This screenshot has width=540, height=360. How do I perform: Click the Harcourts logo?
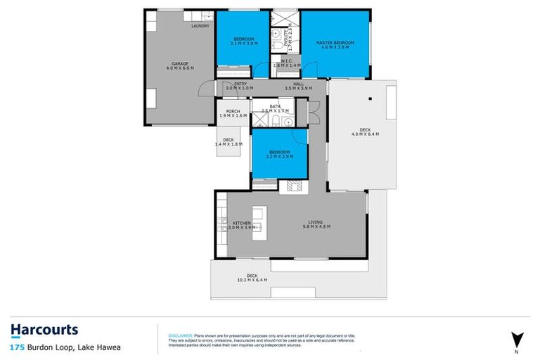(44, 330)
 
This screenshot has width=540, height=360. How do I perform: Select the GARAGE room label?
(179, 63)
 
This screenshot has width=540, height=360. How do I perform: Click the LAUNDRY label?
(200, 26)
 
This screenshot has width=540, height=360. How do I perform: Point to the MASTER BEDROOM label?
(335, 43)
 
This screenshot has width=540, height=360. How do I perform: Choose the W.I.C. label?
(286, 60)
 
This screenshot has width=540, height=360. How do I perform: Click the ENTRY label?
(240, 84)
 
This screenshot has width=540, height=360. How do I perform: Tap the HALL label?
(298, 84)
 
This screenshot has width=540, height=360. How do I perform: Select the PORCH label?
(233, 111)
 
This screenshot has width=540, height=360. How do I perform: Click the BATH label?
(274, 106)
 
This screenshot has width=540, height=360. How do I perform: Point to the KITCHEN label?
(241, 223)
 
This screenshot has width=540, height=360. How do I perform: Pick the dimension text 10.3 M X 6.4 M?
(252, 280)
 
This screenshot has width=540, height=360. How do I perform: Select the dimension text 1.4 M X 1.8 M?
(229, 144)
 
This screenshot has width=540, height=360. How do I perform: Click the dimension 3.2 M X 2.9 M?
(279, 156)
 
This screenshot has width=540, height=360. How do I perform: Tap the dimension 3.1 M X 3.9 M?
(243, 43)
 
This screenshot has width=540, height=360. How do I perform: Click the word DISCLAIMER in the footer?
(170, 326)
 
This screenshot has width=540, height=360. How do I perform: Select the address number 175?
(16, 347)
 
